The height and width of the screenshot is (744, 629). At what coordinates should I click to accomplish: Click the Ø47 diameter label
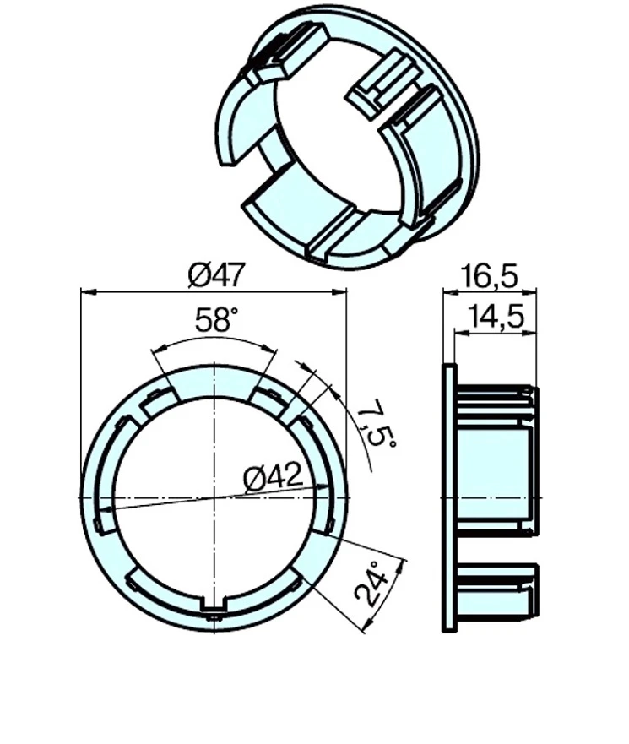click(x=216, y=274)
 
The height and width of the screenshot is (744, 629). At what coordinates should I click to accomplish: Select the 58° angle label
click(x=217, y=320)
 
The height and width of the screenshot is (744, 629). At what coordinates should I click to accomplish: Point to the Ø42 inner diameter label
click(x=273, y=478)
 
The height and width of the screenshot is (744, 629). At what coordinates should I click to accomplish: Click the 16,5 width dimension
click(x=490, y=275)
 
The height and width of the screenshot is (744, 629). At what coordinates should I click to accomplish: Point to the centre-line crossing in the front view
click(x=214, y=497)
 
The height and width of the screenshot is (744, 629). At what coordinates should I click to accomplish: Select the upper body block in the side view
click(x=496, y=460)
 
